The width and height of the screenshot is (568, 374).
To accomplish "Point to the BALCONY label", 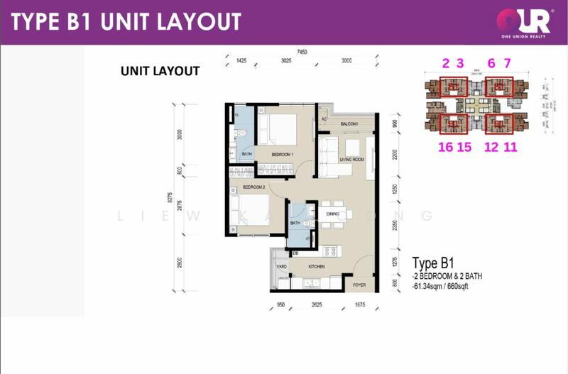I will (349, 124).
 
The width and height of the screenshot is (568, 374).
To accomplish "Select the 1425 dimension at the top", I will (241, 62).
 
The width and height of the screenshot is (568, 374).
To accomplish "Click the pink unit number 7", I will (507, 64).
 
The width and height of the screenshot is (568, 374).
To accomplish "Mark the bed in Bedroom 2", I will (248, 210).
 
